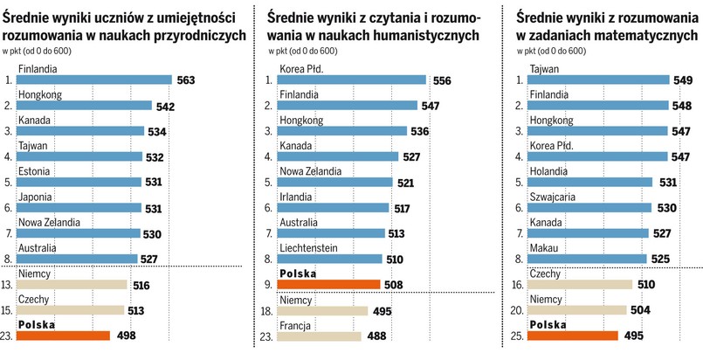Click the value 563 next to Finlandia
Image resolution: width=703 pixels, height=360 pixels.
(x=185, y=80)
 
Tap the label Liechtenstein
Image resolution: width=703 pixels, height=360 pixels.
(x=307, y=247)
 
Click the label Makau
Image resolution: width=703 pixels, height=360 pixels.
(x=543, y=247)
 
